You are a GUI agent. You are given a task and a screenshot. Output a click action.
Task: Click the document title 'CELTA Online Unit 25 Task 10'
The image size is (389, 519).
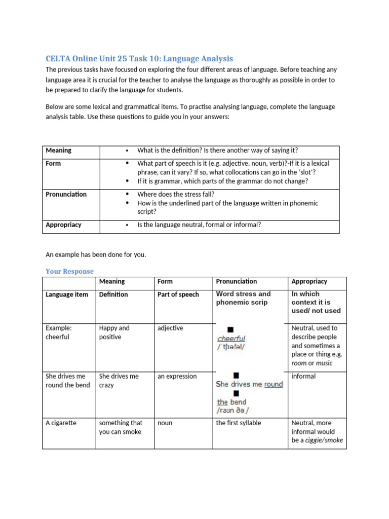pyautogui.click(x=139, y=58)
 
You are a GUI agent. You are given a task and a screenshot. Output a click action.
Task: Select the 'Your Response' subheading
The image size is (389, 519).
pyautogui.click(x=69, y=271)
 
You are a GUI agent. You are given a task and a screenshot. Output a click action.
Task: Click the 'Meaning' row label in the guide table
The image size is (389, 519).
pyautogui.click(x=58, y=151)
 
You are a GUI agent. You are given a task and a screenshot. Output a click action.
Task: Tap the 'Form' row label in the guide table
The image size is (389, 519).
pyautogui.click(x=53, y=164)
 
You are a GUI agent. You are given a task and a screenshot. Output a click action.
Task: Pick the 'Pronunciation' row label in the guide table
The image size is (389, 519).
pyautogui.click(x=66, y=195)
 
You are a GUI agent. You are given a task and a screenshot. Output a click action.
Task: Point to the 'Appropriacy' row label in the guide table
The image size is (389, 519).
pyautogui.click(x=63, y=225)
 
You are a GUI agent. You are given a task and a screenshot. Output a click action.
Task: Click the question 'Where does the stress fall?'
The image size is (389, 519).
pyautogui.click(x=175, y=195)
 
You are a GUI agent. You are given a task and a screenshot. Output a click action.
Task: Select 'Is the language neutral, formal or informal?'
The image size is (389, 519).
pyautogui.click(x=199, y=225)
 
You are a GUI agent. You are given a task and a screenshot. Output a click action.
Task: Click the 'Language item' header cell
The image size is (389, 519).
pyautogui.click(x=67, y=294)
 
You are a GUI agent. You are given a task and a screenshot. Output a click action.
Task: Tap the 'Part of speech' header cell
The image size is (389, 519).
pyautogui.click(x=178, y=294)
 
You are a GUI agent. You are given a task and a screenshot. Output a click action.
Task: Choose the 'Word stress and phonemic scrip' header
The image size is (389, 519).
pyautogui.click(x=243, y=298)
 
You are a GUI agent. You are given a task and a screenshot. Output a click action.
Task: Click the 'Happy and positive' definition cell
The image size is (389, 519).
pyautogui.click(x=114, y=332)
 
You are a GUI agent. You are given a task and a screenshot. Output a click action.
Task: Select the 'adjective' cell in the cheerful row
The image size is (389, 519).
pyautogui.click(x=170, y=328)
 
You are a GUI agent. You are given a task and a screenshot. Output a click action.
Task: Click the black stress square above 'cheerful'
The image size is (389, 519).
pyautogui.click(x=230, y=329)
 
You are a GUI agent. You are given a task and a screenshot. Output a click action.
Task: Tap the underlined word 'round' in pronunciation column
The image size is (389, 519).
pyautogui.click(x=273, y=384)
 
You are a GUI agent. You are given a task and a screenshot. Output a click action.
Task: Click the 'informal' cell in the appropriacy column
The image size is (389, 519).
pyautogui.click(x=303, y=377)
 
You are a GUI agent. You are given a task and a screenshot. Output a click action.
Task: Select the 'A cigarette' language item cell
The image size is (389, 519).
pyautogui.click(x=61, y=423)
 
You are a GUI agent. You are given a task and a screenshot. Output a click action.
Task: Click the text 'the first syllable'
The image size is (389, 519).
pyautogui.click(x=239, y=423)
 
